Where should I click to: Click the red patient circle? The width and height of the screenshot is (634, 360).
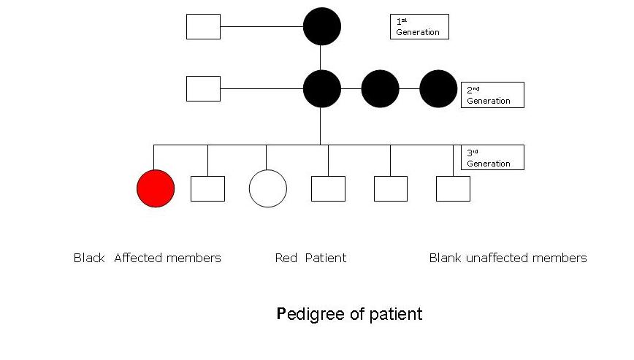[x=156, y=188]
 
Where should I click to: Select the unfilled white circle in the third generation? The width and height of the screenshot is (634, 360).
[x=267, y=188]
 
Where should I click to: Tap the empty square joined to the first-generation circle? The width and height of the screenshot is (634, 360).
[x=203, y=26]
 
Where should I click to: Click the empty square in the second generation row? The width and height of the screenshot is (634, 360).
[x=203, y=88]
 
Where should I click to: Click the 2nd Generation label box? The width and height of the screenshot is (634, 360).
[x=492, y=95]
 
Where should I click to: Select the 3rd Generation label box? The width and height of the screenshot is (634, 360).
[x=492, y=158]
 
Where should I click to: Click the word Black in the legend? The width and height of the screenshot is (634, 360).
[x=89, y=258]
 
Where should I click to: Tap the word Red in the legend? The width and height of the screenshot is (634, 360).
[x=286, y=258]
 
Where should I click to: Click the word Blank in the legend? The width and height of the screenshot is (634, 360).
[x=445, y=258]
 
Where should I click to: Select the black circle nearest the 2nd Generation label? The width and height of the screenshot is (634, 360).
[x=438, y=88]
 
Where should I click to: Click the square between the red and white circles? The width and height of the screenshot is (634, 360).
[x=207, y=188]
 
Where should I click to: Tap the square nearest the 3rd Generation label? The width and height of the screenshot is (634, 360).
[x=453, y=188]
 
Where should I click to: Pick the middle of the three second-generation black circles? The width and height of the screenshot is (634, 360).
[x=380, y=88]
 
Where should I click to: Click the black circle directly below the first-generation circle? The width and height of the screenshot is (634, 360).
[x=322, y=88]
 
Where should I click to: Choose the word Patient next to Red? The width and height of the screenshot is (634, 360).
[x=326, y=258]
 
